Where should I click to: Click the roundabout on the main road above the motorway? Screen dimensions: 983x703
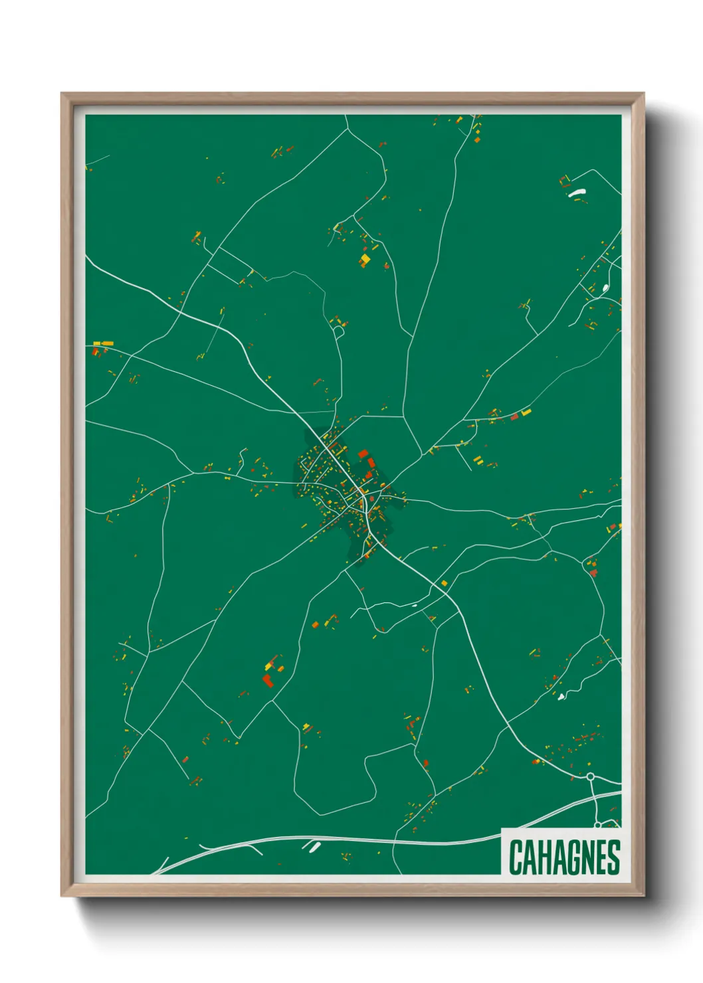[590, 776]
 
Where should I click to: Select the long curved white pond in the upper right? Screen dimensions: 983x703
[576, 193]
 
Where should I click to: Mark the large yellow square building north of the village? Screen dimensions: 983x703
[365, 258]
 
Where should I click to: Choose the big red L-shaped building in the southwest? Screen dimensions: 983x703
[268, 679]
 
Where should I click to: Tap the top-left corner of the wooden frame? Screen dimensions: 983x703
[62, 94]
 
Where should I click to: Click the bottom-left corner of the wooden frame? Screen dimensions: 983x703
[62, 896]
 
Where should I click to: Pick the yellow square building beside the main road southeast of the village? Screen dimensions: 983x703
[445, 583]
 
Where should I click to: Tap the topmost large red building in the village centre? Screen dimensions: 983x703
[363, 454]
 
